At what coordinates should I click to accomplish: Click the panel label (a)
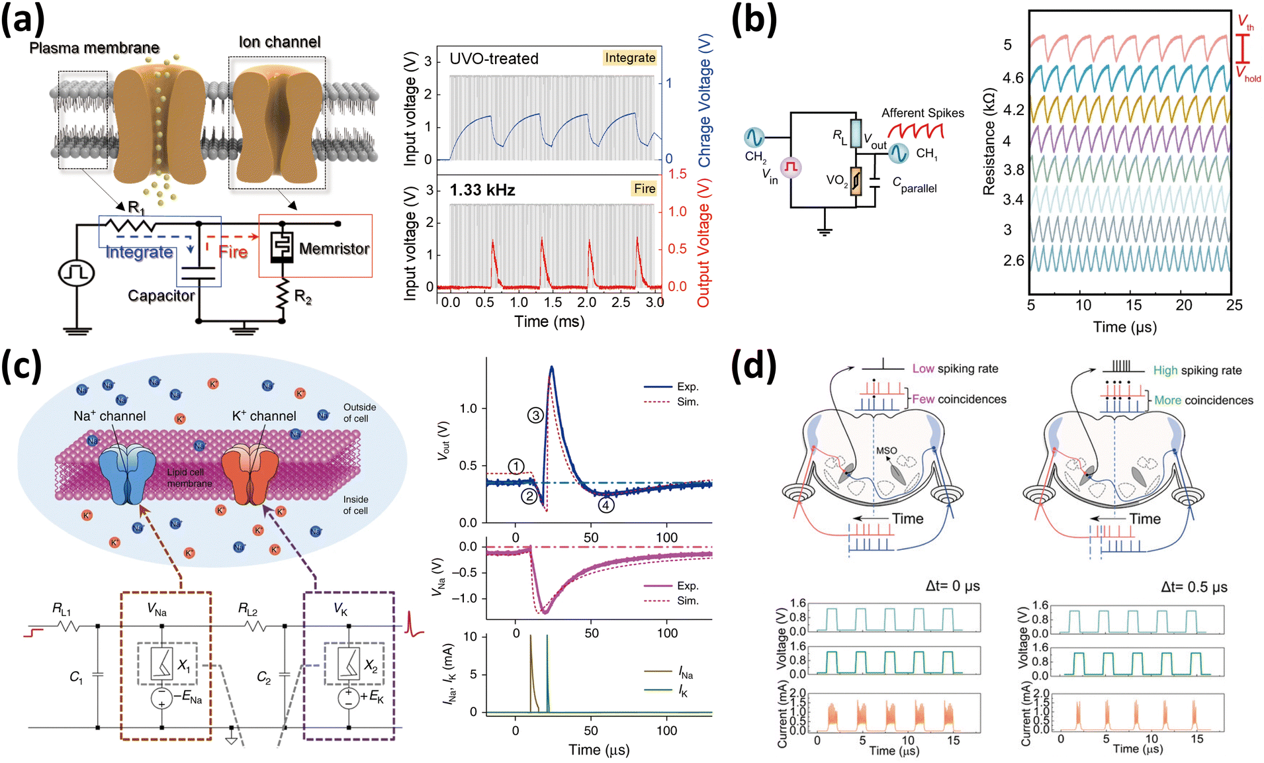[23, 20]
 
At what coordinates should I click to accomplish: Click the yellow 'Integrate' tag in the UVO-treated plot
[630, 58]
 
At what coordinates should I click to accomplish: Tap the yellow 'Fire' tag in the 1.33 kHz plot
[645, 189]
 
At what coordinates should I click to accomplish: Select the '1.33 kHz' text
[482, 191]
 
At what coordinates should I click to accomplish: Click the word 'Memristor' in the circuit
[334, 249]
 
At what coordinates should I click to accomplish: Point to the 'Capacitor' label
[161, 296]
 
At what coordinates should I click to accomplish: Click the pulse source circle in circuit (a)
[77, 273]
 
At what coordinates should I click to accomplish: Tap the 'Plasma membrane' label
[94, 48]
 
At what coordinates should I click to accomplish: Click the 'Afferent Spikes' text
[923, 113]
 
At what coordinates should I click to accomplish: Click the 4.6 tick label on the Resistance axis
[1013, 78]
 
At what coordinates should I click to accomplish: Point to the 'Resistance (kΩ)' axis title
[989, 142]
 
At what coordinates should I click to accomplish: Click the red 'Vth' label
[1245, 22]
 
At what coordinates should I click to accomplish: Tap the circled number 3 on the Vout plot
[535, 416]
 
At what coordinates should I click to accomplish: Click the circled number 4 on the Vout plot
[606, 506]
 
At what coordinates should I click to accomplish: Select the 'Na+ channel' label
[110, 416]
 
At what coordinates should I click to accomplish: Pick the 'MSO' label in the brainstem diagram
[887, 451]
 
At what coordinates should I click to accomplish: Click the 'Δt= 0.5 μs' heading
[1194, 587]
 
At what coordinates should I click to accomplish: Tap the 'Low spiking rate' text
[955, 369]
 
